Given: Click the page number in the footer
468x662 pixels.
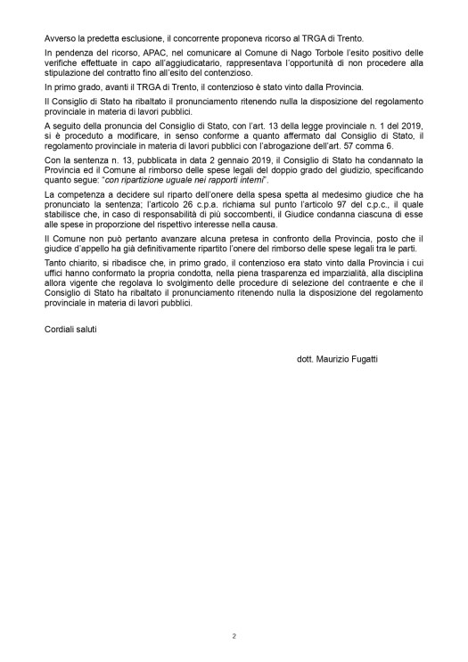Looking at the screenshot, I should click(234, 636).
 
